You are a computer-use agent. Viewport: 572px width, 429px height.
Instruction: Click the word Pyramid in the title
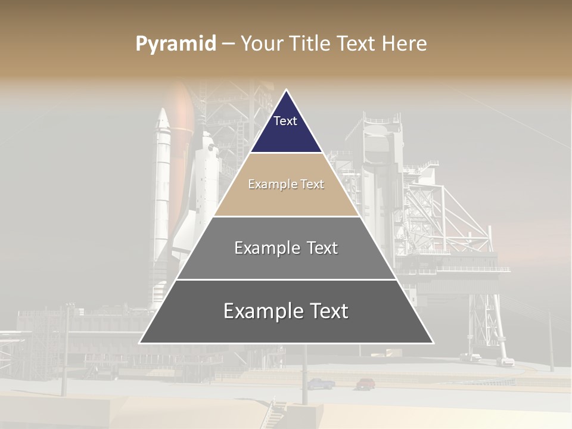(x=176, y=44)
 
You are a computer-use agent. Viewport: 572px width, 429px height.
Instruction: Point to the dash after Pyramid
(x=228, y=45)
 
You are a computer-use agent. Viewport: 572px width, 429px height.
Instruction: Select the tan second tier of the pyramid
(x=286, y=197)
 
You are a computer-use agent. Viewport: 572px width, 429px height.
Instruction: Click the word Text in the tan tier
(x=312, y=185)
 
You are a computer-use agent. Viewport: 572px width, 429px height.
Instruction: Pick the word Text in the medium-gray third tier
(x=322, y=248)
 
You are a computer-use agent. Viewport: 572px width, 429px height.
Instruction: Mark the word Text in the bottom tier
(x=329, y=311)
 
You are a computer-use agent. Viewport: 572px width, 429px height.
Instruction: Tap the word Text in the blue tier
(x=285, y=121)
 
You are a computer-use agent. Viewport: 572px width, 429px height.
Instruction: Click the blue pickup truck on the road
(x=321, y=384)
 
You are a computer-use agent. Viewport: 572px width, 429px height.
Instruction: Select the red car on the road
(x=365, y=384)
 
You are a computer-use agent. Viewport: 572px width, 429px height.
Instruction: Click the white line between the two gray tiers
(x=286, y=279)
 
